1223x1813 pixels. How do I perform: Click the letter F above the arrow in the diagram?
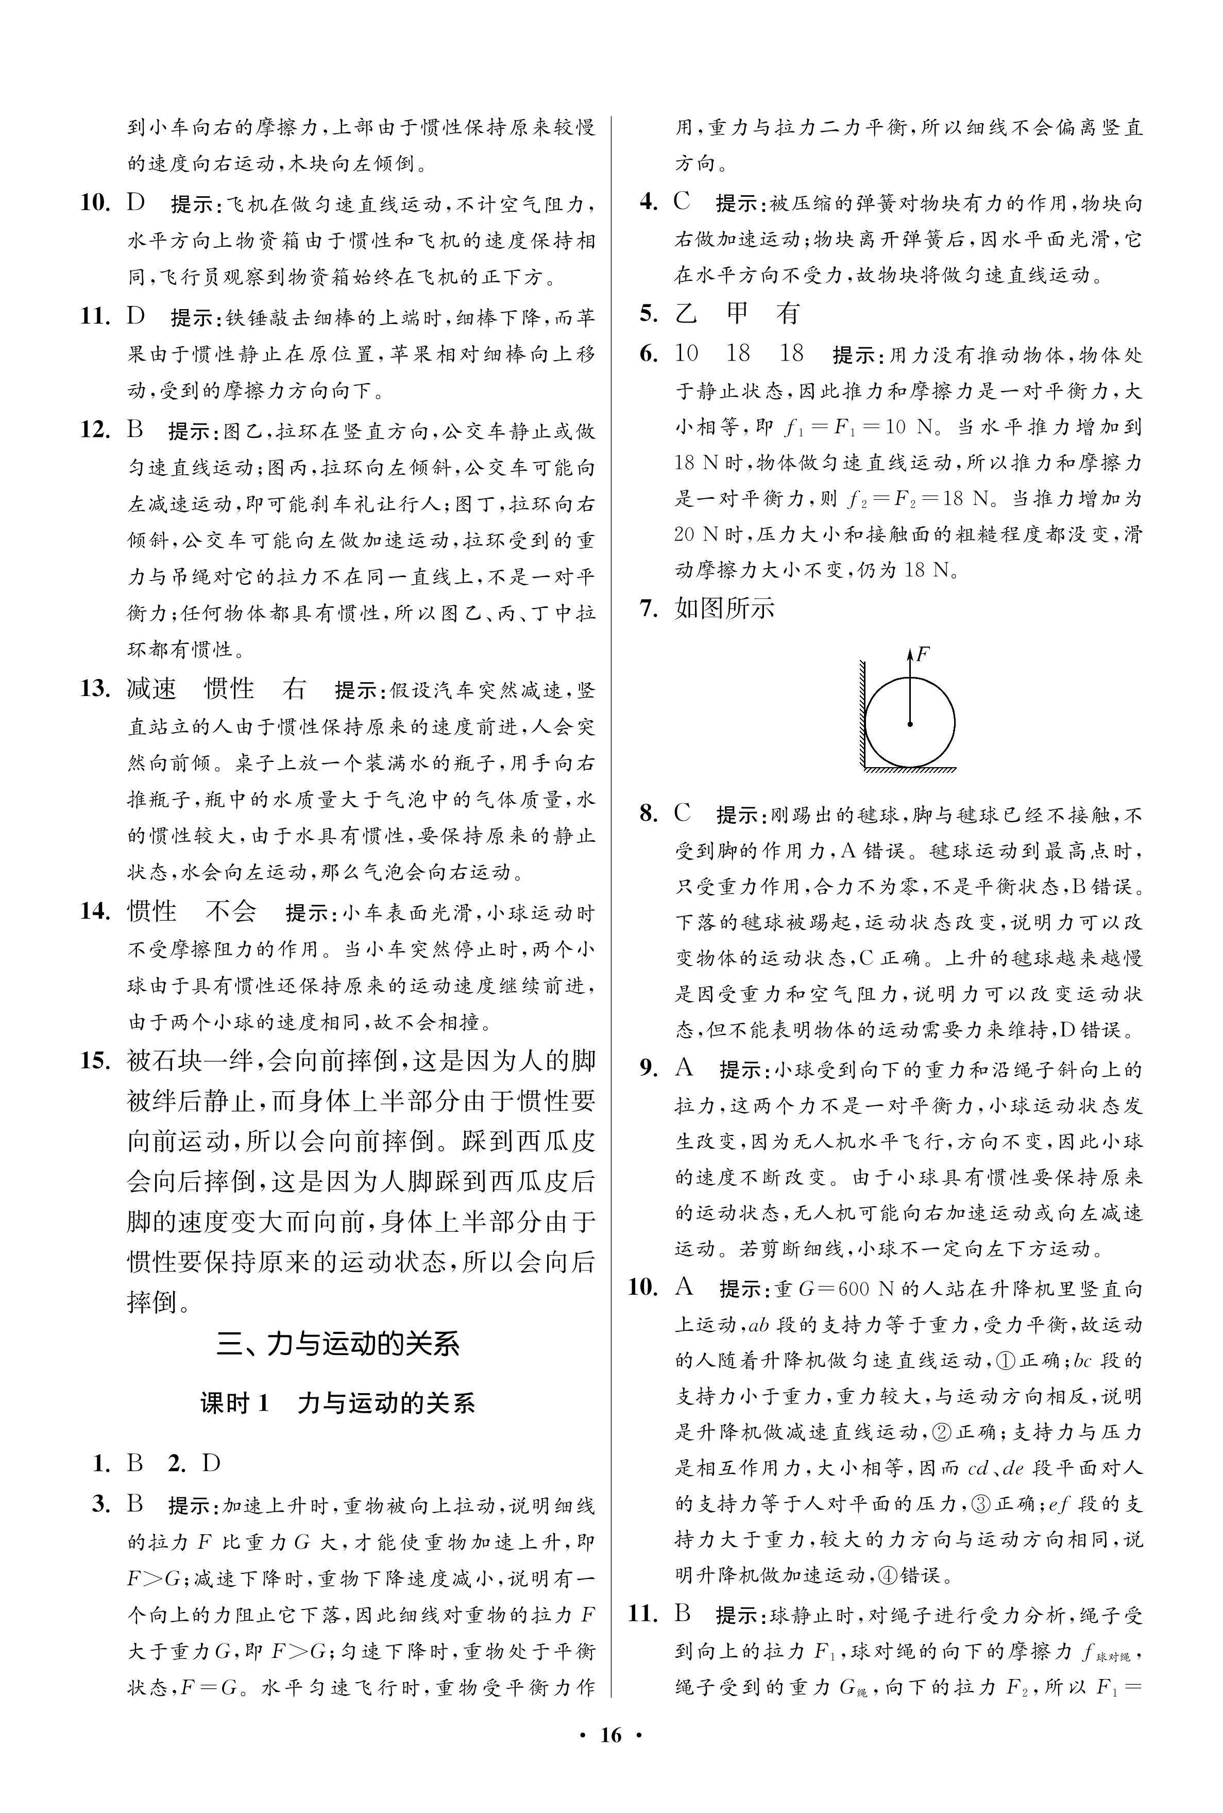pos(923,653)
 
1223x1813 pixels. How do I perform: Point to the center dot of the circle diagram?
pos(909,724)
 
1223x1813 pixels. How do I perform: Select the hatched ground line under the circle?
pos(909,770)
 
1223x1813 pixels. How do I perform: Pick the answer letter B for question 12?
pos(135,430)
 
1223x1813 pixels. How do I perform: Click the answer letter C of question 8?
pos(683,814)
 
